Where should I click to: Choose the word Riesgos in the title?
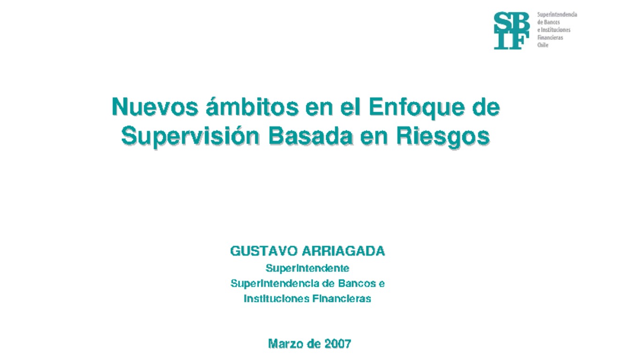pyautogui.click(x=443, y=137)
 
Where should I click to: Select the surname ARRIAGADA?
pyautogui.click(x=343, y=252)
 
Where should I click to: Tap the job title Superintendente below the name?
pyautogui.click(x=307, y=268)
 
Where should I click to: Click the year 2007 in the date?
pyautogui.click(x=338, y=344)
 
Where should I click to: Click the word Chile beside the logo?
pyautogui.click(x=542, y=45)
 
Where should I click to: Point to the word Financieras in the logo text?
pyautogui.click(x=550, y=38)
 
